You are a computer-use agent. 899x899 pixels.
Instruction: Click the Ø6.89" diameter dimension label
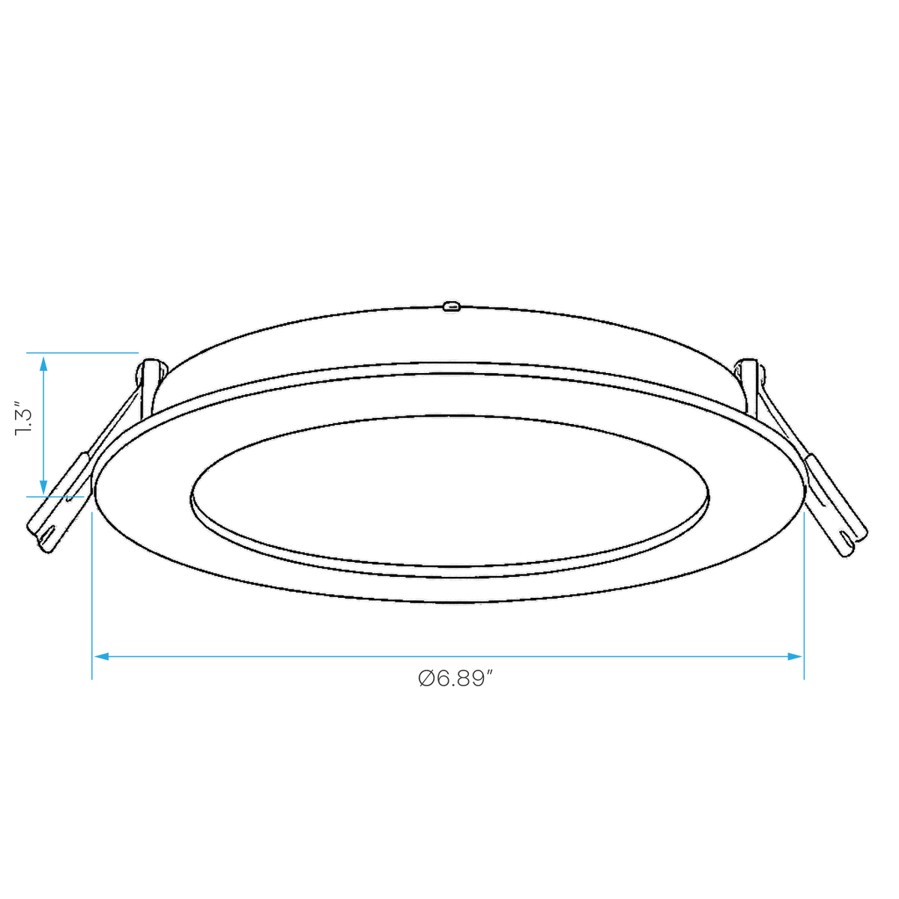pyautogui.click(x=455, y=679)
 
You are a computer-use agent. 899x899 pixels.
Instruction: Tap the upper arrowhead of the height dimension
pyautogui.click(x=43, y=364)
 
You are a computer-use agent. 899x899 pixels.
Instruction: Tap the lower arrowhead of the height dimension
pyautogui.click(x=43, y=487)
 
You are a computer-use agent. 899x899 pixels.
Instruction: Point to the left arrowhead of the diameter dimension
pyautogui.click(x=102, y=656)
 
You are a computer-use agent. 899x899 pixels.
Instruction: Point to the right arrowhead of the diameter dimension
pyautogui.click(x=794, y=656)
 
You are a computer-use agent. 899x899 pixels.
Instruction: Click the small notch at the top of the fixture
pyautogui.click(x=451, y=306)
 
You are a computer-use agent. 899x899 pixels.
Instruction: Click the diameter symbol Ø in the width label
pyautogui.click(x=426, y=679)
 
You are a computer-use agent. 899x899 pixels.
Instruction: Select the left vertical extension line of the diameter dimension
pyautogui.click(x=92, y=596)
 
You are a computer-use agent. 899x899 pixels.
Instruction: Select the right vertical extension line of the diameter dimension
pyautogui.click(x=804, y=596)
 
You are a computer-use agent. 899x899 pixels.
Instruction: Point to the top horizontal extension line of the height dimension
pyautogui.click(x=82, y=353)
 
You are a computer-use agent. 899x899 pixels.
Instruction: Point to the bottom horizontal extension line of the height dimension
pyautogui.click(x=55, y=497)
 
